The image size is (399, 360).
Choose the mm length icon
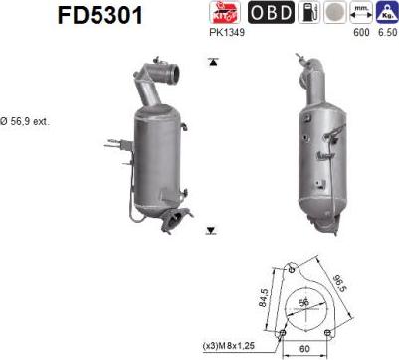click(362, 12)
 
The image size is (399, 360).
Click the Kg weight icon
click(386, 13)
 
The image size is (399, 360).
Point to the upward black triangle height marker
click(211, 61)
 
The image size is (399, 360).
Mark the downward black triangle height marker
click(211, 230)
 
